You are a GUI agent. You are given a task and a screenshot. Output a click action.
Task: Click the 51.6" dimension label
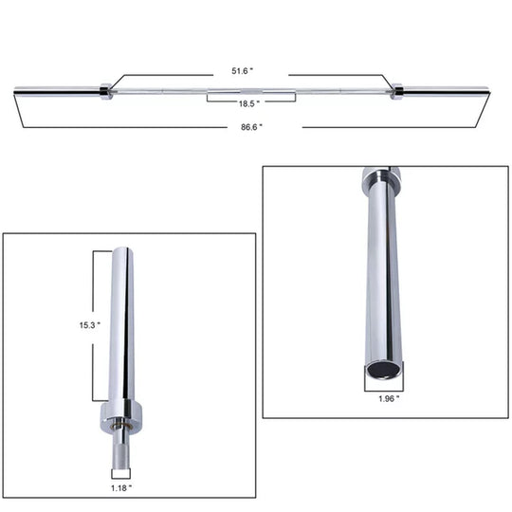point(251,71)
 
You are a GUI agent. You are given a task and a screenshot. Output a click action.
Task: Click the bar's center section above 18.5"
point(251,91)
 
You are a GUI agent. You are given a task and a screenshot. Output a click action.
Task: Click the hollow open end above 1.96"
point(381,369)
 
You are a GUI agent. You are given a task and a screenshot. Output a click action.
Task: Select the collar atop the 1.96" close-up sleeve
point(381,176)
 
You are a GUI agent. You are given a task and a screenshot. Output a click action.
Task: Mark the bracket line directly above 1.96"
point(381,386)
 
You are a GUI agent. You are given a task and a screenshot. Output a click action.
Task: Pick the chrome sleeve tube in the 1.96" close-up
point(381,275)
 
